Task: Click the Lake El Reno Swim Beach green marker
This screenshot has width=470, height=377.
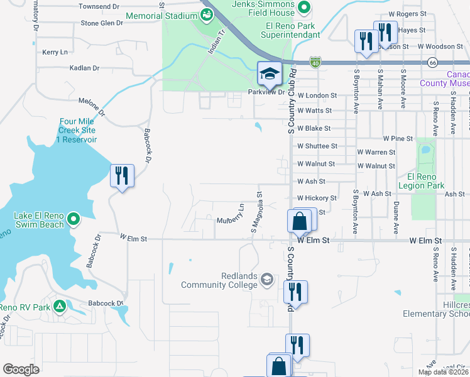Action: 74,219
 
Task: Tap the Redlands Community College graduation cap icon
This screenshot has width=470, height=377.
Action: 266,279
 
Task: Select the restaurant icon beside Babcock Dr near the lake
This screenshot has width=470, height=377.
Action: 121,176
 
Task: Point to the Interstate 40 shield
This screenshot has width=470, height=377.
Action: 315,62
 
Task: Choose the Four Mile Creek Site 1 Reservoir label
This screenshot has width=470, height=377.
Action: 77,130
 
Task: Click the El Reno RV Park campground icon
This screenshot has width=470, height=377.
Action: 59,307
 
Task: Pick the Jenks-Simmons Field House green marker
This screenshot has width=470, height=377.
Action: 305,8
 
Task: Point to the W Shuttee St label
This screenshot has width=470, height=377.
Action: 317,146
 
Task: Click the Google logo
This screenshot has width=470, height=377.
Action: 21,369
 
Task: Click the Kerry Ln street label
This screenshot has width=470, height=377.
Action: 55,52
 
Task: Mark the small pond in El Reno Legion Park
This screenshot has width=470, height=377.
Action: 424,151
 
